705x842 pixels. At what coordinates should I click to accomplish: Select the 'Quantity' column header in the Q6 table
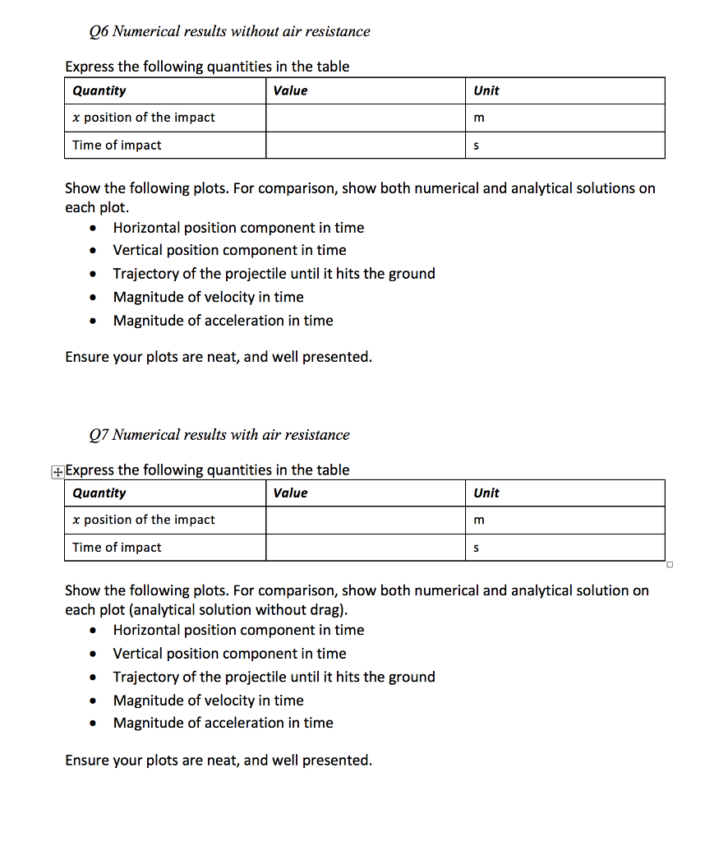(99, 90)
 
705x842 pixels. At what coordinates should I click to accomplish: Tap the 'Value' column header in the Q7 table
(290, 493)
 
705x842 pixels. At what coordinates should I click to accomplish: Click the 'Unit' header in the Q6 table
(486, 90)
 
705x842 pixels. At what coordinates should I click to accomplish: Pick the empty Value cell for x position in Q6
(366, 118)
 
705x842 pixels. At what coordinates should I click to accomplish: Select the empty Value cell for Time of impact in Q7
(366, 548)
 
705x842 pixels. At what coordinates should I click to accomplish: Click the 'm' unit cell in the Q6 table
(479, 118)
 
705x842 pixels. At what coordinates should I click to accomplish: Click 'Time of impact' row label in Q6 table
(117, 145)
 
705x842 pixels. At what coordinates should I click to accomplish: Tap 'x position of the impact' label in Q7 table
(144, 520)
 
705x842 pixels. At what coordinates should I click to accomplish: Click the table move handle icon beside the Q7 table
(57, 471)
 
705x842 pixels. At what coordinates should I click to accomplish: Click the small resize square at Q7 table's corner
(670, 565)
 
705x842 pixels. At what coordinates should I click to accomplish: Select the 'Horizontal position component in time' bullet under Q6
(238, 228)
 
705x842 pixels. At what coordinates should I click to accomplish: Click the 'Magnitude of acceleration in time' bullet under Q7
(223, 723)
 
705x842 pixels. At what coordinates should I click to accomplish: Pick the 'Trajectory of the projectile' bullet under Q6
(274, 274)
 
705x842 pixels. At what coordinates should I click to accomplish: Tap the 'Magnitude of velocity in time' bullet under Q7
(208, 700)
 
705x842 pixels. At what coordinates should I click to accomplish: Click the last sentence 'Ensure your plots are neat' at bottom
(219, 760)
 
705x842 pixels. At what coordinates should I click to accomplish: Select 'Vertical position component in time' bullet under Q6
(229, 250)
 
